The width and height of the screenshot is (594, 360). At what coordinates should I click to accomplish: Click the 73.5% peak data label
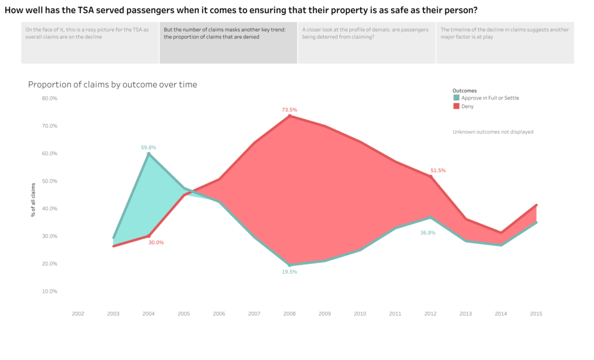pyautogui.click(x=289, y=110)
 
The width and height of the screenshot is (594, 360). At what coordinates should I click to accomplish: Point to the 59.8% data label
pyautogui.click(x=148, y=148)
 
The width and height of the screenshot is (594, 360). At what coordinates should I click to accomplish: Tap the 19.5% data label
pyautogui.click(x=289, y=271)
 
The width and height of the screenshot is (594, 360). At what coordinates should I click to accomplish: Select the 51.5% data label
pyautogui.click(x=438, y=170)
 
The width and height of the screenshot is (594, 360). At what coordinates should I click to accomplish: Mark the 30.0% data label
pyautogui.click(x=156, y=242)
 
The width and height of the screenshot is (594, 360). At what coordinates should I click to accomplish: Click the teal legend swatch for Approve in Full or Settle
pyautogui.click(x=456, y=98)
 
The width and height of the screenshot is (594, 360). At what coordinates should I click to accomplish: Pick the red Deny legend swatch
pyautogui.click(x=456, y=106)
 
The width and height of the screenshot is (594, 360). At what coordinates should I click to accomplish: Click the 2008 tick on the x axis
pyautogui.click(x=289, y=314)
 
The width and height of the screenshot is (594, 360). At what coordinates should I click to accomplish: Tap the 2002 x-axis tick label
pyautogui.click(x=78, y=314)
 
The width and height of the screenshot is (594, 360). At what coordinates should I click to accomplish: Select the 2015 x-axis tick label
pyautogui.click(x=536, y=314)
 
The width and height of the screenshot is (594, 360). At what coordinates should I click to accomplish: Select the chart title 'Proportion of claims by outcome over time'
pyautogui.click(x=113, y=85)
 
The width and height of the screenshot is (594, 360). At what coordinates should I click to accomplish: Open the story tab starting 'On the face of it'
pyautogui.click(x=90, y=42)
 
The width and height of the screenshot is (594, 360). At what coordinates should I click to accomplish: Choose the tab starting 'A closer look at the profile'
pyautogui.click(x=367, y=42)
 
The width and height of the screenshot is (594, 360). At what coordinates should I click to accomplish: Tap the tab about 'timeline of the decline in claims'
pyautogui.click(x=505, y=42)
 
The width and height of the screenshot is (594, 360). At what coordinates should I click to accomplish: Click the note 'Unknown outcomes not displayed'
pyautogui.click(x=493, y=132)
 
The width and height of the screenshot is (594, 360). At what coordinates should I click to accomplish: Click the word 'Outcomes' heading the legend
pyautogui.click(x=465, y=90)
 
